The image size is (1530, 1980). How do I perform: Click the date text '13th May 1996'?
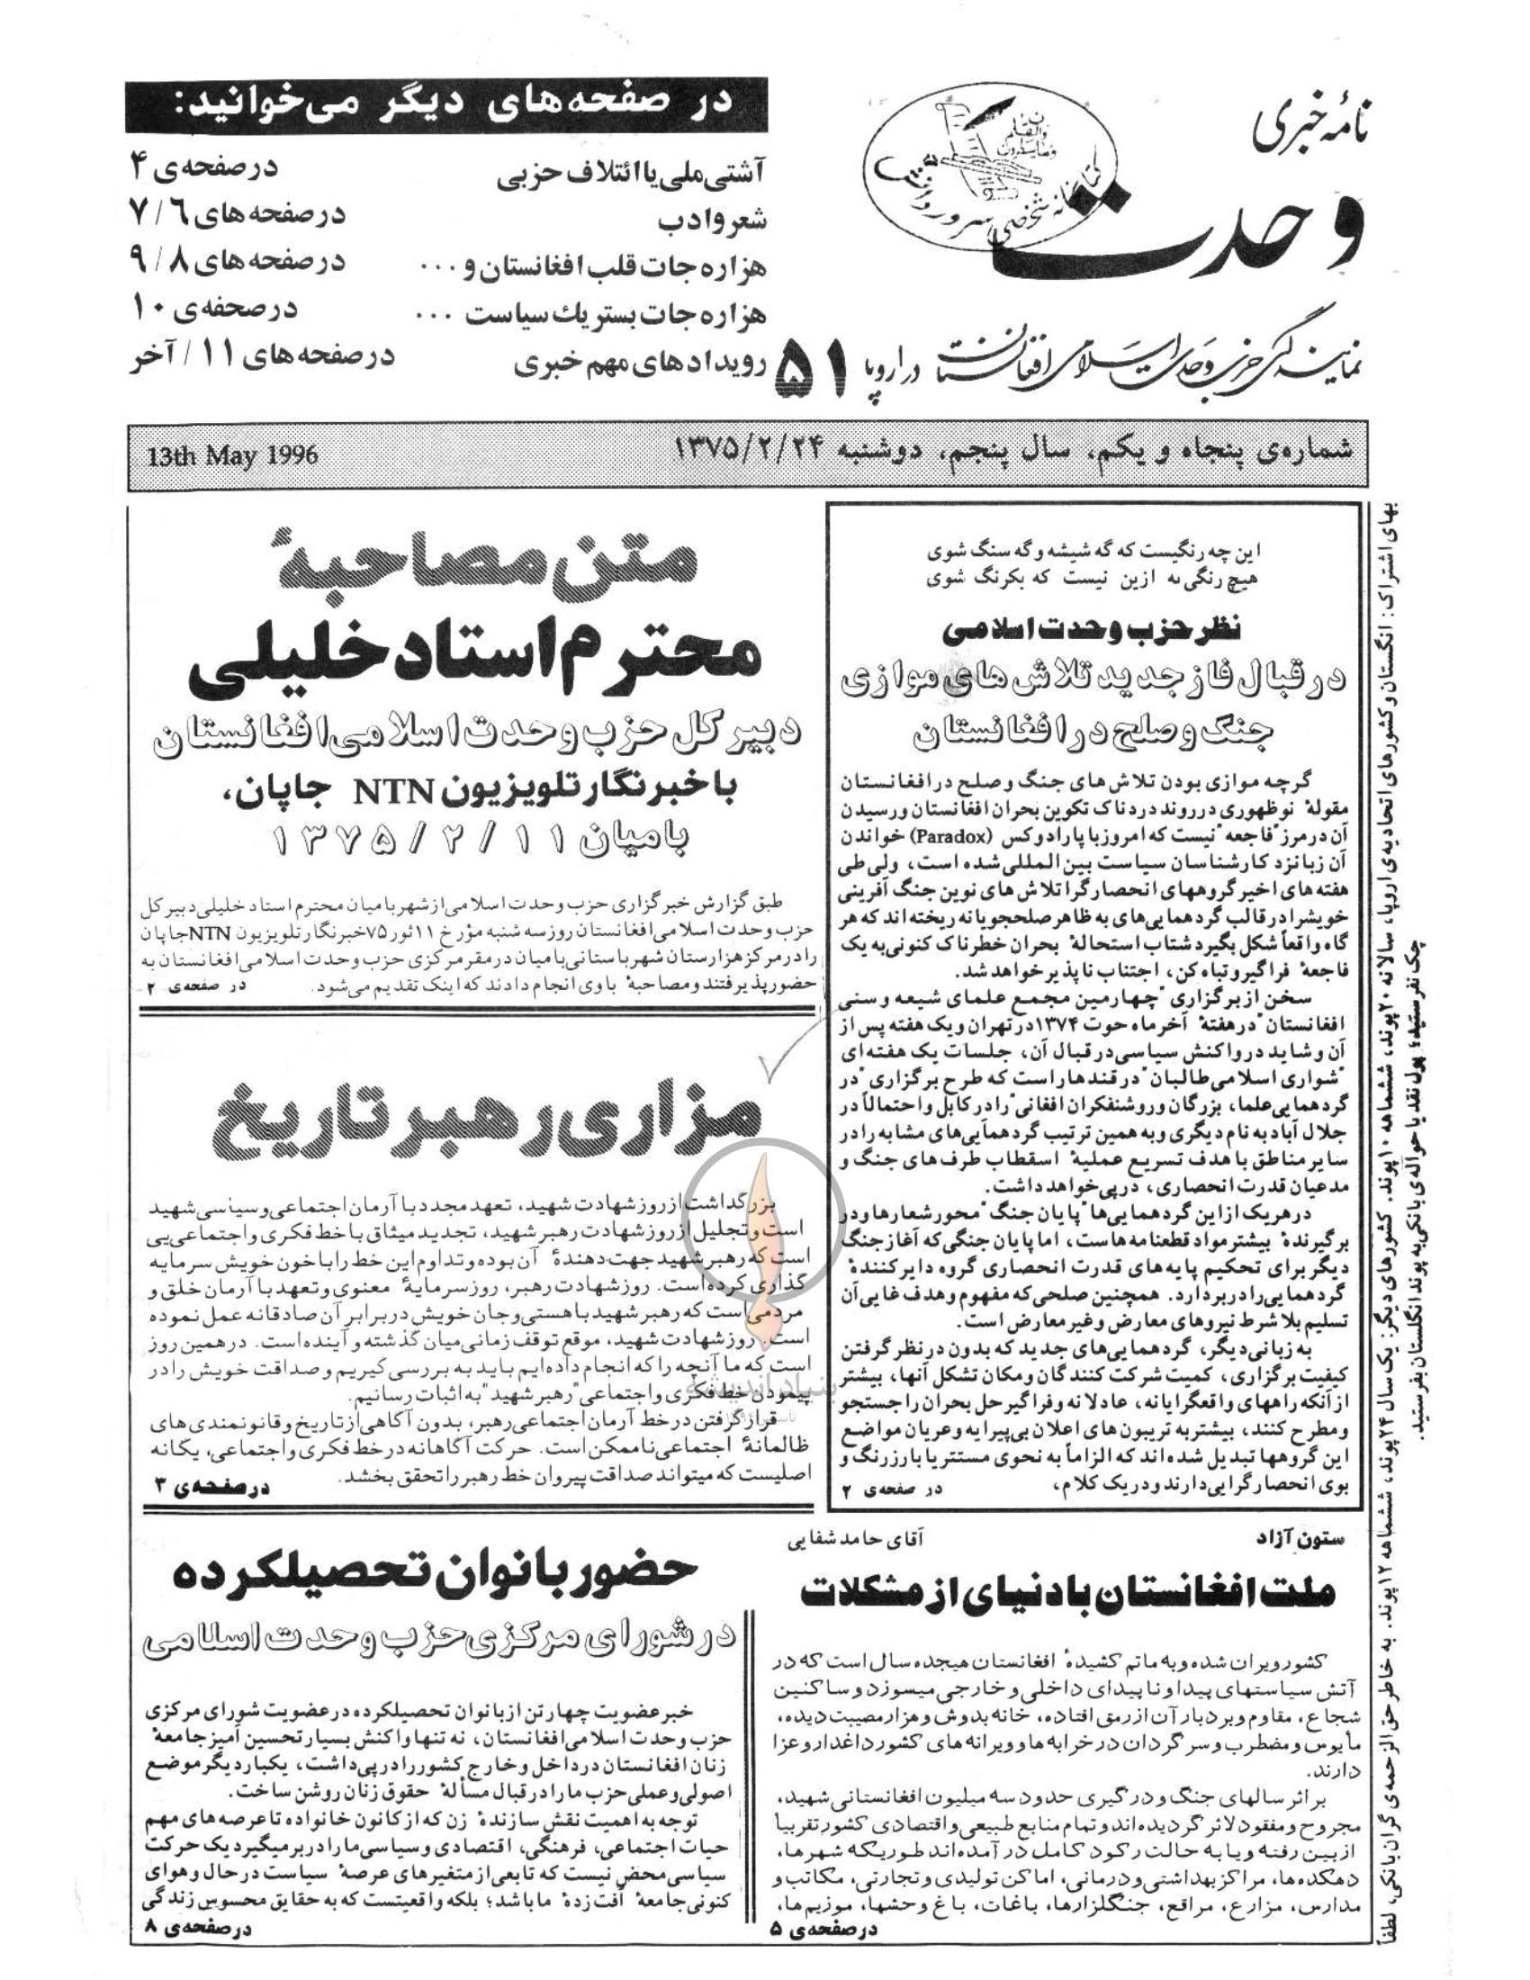tap(233, 454)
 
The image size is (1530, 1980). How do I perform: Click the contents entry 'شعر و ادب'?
tap(713, 220)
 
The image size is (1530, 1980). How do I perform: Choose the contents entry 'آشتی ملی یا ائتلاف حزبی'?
tap(632, 175)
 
